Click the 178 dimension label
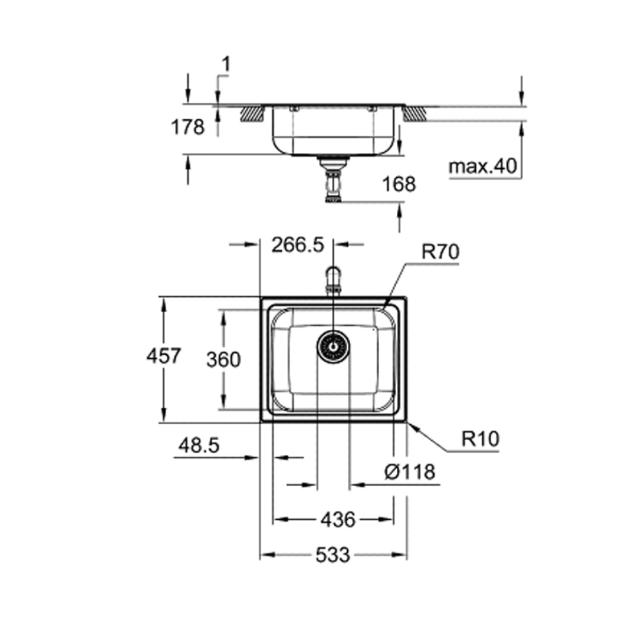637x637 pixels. (x=188, y=127)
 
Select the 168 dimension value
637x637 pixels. (x=399, y=184)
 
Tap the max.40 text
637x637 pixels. (x=482, y=168)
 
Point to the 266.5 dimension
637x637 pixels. (x=297, y=245)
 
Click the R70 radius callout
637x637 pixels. (x=440, y=252)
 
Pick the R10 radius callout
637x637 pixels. (x=481, y=439)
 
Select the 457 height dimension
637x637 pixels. (x=164, y=355)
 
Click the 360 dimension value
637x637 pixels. (x=224, y=360)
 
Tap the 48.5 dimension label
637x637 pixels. (x=199, y=446)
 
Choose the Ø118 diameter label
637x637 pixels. (x=410, y=472)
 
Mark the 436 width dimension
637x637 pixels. (x=337, y=520)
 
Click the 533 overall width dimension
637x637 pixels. (x=333, y=555)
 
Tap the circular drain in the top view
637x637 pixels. (x=333, y=346)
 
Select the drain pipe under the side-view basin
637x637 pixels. (x=333, y=181)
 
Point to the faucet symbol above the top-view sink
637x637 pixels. (x=333, y=280)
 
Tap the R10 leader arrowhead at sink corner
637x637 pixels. (x=410, y=426)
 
